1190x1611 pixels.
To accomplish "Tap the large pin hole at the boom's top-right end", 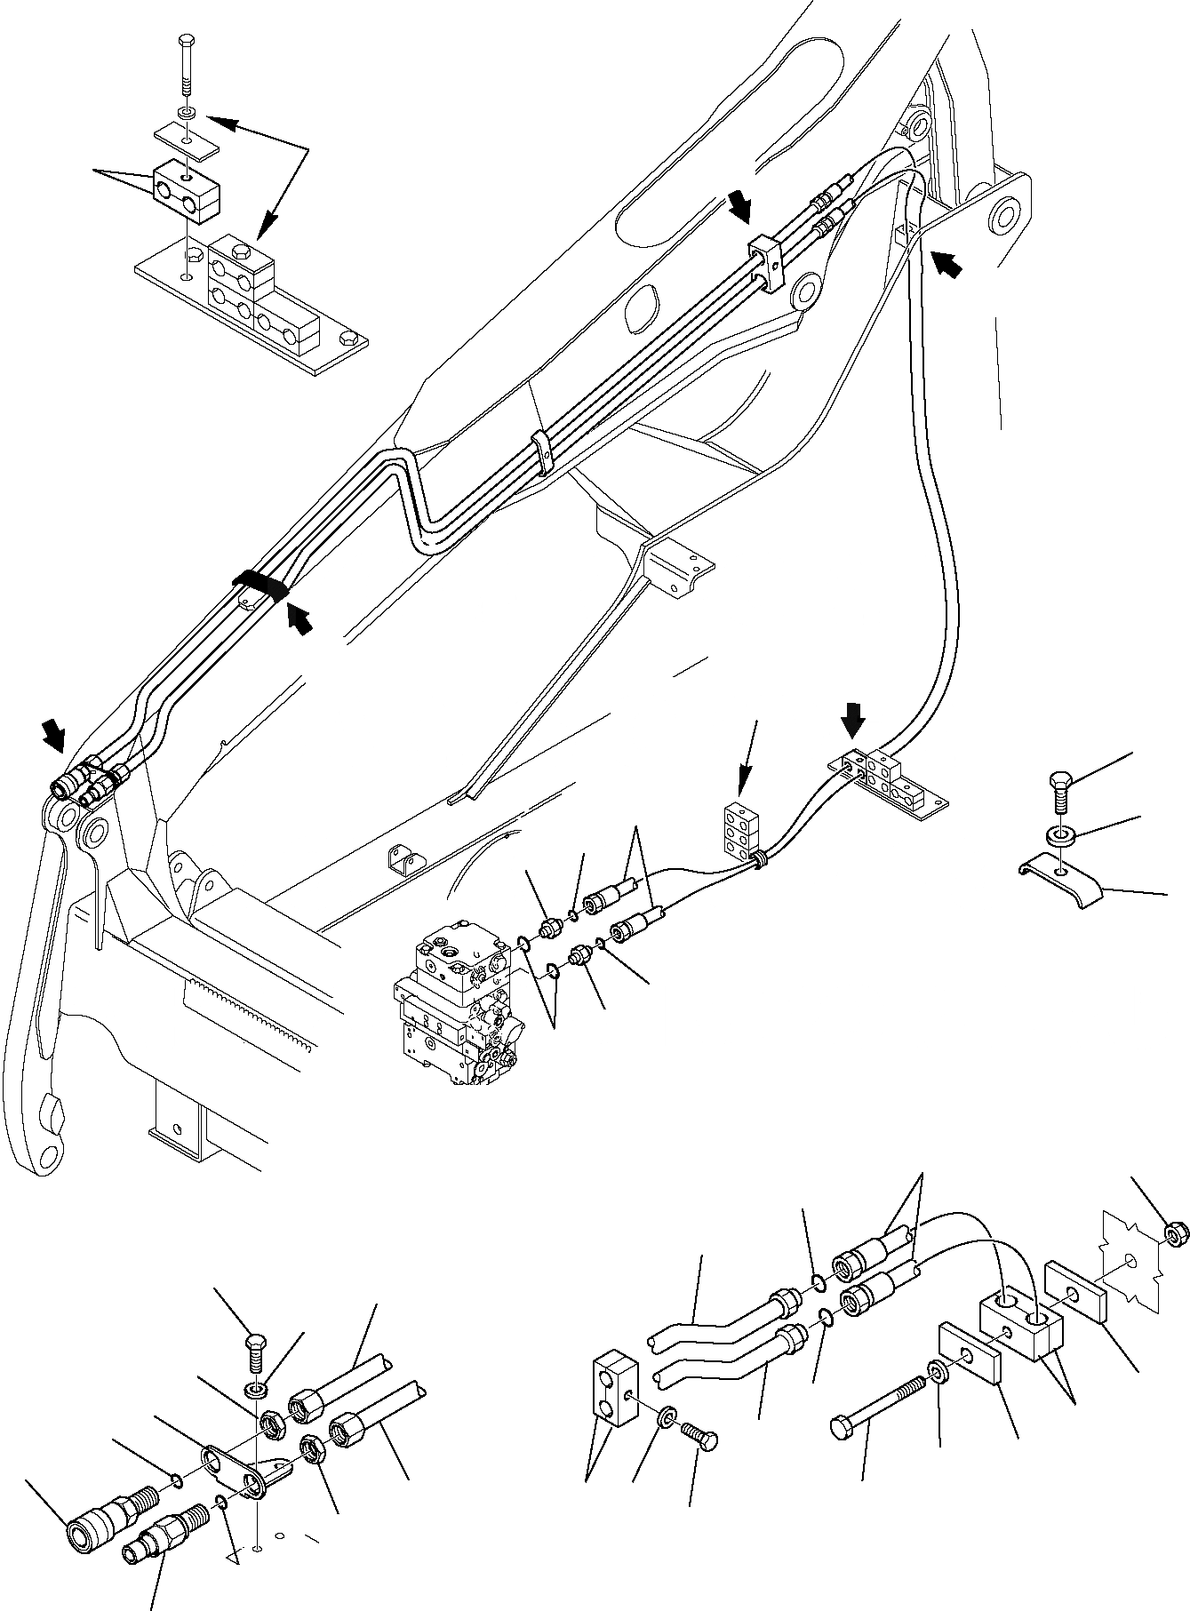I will pyautogui.click(x=1002, y=214).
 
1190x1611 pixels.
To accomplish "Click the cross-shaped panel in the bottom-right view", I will pyautogui.click(x=1130, y=1276).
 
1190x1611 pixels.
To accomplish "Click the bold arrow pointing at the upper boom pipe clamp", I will pyautogui.click(x=739, y=208).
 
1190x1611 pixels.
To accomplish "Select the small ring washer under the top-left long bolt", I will pyautogui.click(x=187, y=114).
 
